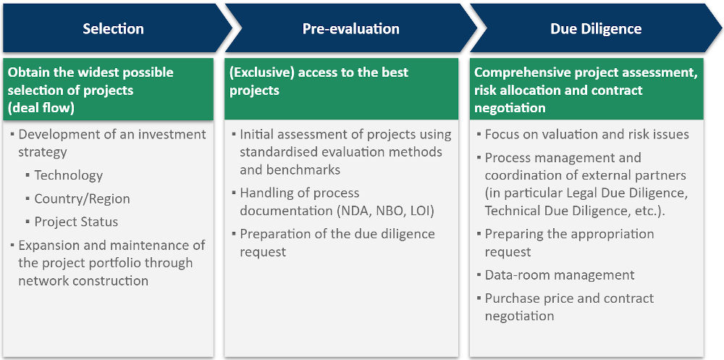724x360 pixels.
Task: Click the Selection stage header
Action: [113, 29]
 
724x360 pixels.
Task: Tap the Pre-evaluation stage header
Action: [350, 29]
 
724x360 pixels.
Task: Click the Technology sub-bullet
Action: [68, 175]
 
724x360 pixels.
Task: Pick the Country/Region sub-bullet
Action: [82, 198]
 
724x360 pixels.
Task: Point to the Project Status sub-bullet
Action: [76, 222]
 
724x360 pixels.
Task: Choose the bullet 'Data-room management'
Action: [559, 275]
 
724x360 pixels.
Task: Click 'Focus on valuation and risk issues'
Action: [586, 134]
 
